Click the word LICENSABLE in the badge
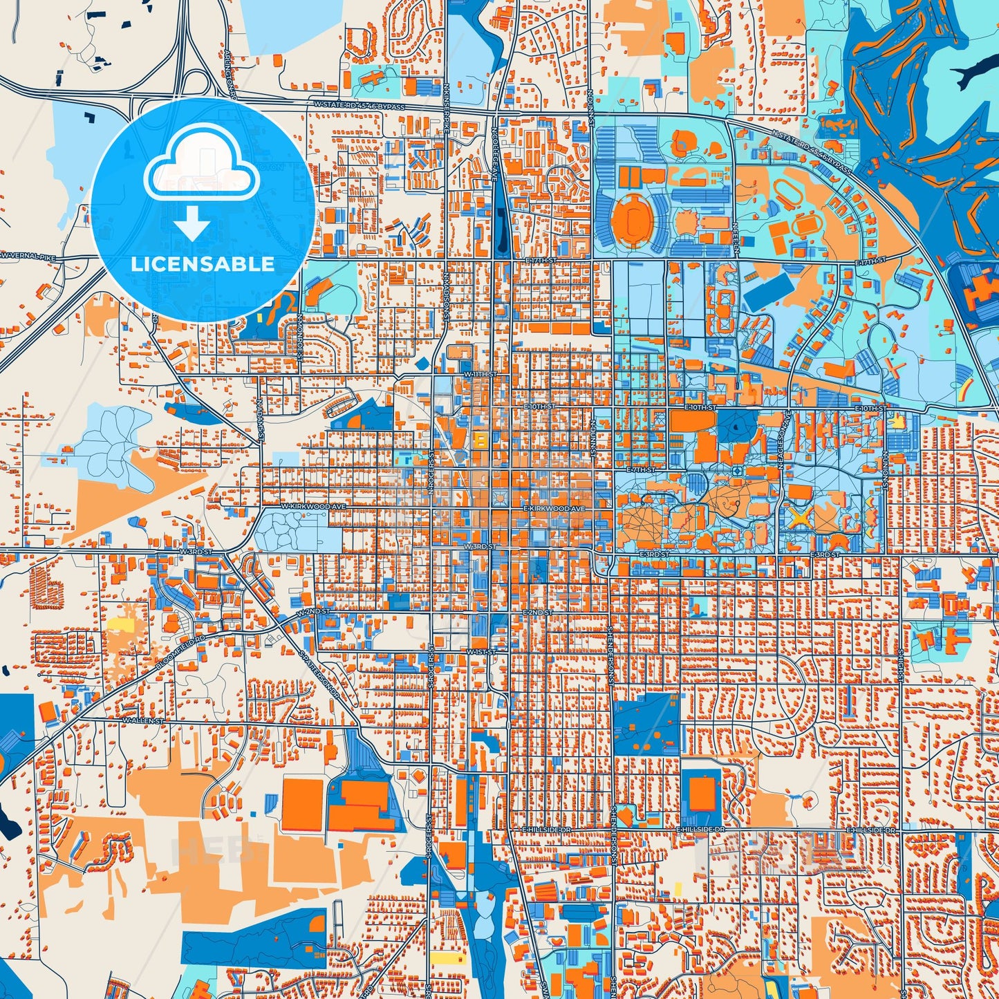click(x=203, y=264)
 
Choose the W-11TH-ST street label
click(x=480, y=374)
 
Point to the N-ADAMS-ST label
click(x=261, y=422)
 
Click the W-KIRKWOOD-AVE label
click(x=312, y=507)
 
